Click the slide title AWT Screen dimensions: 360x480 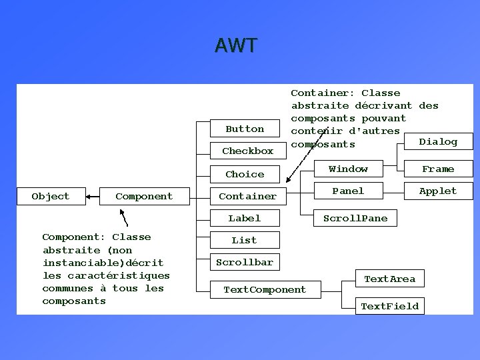[236, 45]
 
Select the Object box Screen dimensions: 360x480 [51, 196]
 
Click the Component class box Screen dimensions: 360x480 [143, 196]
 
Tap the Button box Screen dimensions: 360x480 [245, 129]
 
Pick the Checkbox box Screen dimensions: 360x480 [247, 151]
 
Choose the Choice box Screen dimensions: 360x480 [245, 174]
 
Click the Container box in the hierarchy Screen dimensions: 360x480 [247, 196]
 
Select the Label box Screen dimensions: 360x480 [245, 218]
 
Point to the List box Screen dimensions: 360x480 [244, 240]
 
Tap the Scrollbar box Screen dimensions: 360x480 [245, 262]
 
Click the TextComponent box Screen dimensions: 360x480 [265, 289]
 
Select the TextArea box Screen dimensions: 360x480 [389, 279]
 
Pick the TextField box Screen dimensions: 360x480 [389, 306]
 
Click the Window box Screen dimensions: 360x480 [348, 169]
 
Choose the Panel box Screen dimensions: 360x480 [348, 191]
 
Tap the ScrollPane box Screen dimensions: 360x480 [355, 218]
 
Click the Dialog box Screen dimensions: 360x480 [438, 141]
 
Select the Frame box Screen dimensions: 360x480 [438, 169]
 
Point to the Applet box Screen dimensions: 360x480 [438, 191]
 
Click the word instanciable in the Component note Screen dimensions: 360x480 [74, 263]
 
